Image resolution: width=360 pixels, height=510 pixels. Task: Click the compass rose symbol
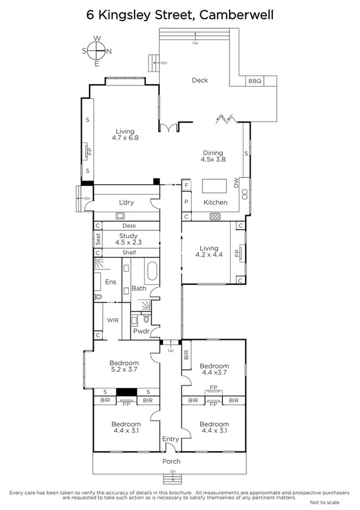pos(97,51)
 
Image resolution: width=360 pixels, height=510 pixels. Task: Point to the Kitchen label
pos(215,203)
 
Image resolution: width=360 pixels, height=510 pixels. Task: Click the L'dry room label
pos(126,203)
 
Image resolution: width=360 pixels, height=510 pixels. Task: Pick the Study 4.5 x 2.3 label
pos(129,239)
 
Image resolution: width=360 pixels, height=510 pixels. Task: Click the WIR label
pos(112,321)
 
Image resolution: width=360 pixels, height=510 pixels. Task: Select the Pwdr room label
pos(141,331)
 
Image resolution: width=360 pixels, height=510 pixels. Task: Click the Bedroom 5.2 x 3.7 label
pos(124,366)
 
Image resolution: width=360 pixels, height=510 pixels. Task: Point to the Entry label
pos(171,440)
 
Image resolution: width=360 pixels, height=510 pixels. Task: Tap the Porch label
pos(171,461)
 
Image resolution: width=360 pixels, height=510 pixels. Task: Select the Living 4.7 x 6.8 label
pos(125,135)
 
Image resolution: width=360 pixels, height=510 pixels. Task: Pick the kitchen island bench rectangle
pos(215,185)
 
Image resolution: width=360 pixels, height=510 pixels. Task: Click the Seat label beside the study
pos(97,239)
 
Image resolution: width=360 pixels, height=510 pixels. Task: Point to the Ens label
pos(111,282)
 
